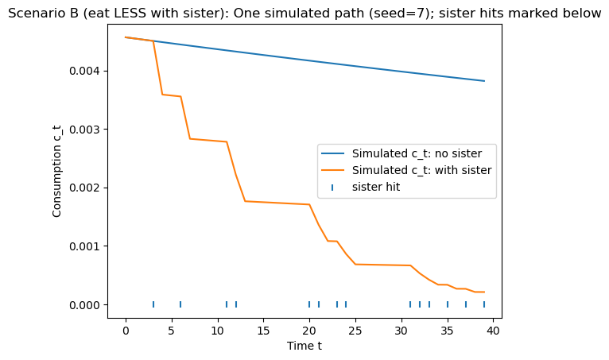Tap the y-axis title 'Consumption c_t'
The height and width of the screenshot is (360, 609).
pyautogui.click(x=57, y=170)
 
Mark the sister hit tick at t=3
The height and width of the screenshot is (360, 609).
pyautogui.click(x=153, y=304)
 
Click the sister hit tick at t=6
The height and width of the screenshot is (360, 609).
pyautogui.click(x=180, y=304)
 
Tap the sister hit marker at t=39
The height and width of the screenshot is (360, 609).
pyautogui.click(x=484, y=304)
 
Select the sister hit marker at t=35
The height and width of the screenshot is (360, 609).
pyautogui.click(x=448, y=304)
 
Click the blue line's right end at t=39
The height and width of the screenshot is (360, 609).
pyautogui.click(x=484, y=81)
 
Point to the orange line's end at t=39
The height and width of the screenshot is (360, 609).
pyautogui.click(x=484, y=292)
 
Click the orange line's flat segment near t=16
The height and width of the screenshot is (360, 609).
pyautogui.click(x=273, y=203)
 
